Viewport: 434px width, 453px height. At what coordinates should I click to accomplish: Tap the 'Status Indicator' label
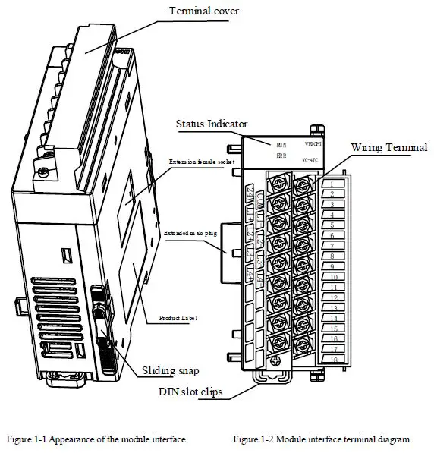tap(212, 124)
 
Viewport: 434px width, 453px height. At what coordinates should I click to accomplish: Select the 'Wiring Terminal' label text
tap(388, 146)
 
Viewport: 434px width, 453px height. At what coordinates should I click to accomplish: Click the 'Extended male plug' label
tap(190, 233)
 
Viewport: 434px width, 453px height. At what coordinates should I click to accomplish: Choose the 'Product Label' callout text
tap(178, 317)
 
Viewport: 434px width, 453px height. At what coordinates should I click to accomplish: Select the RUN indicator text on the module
tap(281, 143)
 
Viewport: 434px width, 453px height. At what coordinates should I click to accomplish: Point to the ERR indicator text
tap(281, 156)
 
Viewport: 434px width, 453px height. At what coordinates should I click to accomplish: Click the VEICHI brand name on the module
tap(314, 143)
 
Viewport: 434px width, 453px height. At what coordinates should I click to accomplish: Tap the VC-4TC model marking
tap(314, 159)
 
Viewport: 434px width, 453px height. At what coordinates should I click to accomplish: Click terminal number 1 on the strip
tap(333, 184)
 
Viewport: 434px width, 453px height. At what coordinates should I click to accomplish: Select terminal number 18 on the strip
tap(334, 360)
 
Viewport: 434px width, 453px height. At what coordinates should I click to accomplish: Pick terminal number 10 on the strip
tap(334, 277)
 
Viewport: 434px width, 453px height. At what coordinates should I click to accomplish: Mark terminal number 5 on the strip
tap(333, 225)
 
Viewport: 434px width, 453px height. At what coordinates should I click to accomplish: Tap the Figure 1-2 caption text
tap(321, 439)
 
